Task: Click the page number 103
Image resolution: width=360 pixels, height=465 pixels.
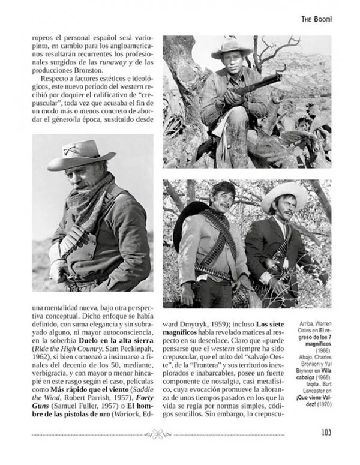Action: tap(326, 433)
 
